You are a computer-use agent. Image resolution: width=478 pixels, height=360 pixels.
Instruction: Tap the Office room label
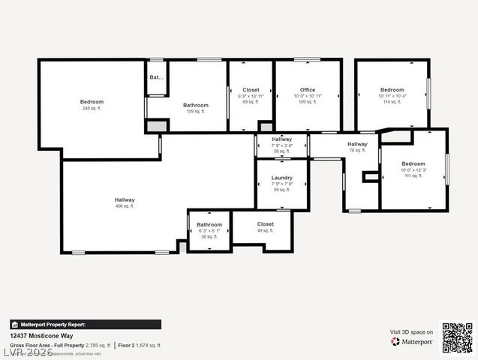coord(308,90)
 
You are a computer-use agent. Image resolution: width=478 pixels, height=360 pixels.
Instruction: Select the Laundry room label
coord(281,178)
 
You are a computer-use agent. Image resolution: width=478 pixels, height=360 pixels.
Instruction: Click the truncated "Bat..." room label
coord(156,77)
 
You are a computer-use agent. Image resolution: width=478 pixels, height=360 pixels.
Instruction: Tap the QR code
coord(457,337)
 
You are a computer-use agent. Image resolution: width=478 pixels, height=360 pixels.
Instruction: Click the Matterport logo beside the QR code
coord(412,341)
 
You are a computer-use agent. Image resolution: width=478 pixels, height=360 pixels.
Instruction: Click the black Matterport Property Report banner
coord(85,325)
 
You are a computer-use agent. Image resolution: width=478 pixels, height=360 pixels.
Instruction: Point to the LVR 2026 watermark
coord(27,351)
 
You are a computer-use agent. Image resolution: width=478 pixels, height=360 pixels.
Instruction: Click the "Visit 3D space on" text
coord(411,331)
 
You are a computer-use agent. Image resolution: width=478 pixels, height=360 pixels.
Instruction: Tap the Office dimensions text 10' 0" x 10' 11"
coord(308,96)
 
